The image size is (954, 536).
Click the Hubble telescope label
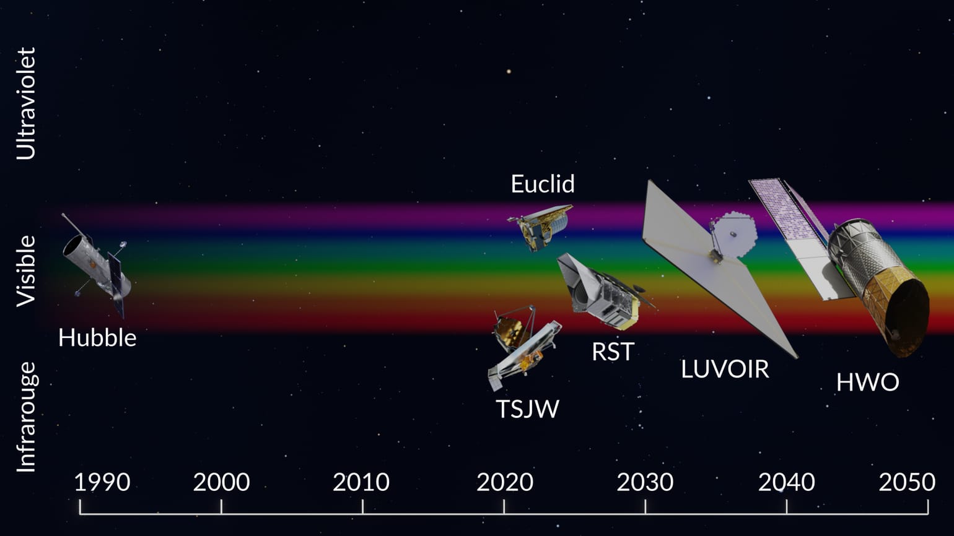97,338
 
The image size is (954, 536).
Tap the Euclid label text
543,184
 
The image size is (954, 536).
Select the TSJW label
528,409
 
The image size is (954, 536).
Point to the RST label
613,352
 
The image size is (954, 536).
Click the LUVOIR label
725,369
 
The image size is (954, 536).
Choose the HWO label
867,382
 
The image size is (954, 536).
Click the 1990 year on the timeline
102,482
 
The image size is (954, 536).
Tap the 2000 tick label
221,482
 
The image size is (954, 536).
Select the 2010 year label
361,482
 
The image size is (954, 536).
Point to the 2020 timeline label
504,482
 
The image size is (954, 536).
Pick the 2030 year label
645,482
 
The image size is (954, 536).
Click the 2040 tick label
786,482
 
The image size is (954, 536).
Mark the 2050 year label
907,482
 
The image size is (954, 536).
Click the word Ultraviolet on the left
27,103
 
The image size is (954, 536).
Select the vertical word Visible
27,270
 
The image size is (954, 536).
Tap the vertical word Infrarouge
27,417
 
